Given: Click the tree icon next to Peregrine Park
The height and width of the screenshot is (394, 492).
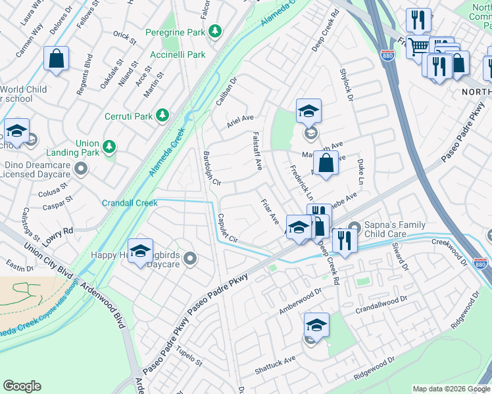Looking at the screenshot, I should [214, 31].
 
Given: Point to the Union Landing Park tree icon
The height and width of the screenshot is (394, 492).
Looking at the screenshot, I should [109, 144].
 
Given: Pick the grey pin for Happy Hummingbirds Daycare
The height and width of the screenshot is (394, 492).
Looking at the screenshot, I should [191, 258].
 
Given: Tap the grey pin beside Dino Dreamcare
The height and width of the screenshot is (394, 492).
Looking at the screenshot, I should [81, 169].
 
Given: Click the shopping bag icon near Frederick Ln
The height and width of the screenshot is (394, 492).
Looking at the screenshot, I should [326, 164].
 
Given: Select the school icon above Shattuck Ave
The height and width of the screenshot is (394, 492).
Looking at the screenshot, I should [316, 325].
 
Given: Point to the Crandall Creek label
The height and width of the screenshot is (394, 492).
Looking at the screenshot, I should [130, 203].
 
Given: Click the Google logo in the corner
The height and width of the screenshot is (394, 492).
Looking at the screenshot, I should [22, 386].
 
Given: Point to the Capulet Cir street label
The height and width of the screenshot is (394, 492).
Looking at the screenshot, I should [231, 228].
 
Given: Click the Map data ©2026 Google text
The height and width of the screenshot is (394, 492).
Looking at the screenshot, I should [451, 389].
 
